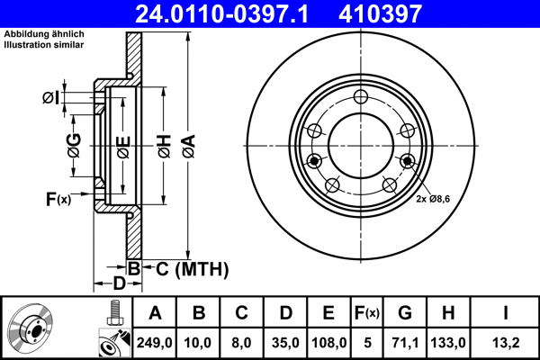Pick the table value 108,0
point(329,341)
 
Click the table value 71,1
point(405,341)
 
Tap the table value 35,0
point(286,341)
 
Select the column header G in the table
point(405,313)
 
